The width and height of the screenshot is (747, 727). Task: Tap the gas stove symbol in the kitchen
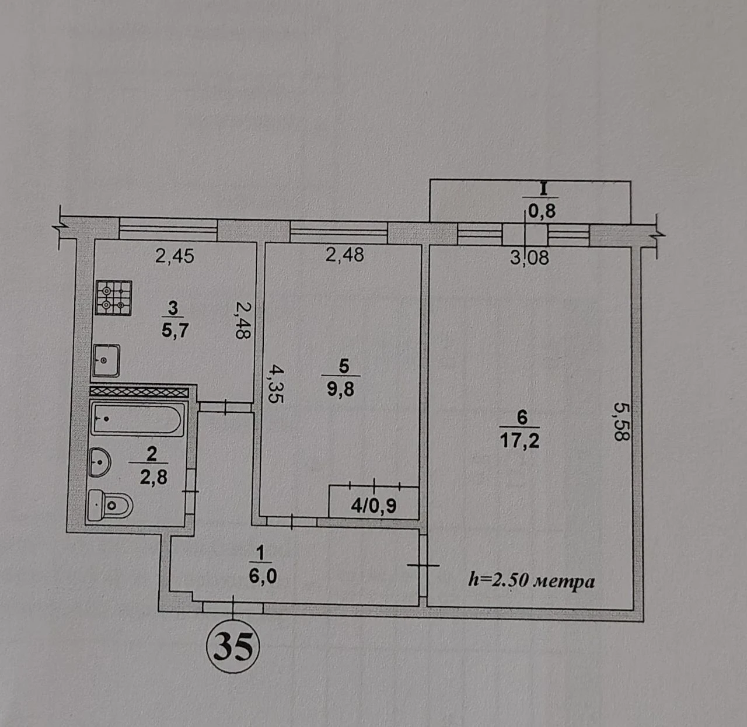tap(114, 298)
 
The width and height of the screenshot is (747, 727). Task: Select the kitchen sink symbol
tap(106, 361)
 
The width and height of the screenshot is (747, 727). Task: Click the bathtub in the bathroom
tap(137, 419)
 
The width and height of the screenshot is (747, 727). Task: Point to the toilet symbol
tap(110, 506)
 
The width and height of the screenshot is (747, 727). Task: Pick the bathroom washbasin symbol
tap(99, 462)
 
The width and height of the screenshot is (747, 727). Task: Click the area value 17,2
tap(519, 441)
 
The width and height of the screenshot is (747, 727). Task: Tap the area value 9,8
tap(340, 389)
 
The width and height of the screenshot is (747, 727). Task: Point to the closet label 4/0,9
tap(373, 506)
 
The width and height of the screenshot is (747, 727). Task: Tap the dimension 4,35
tap(275, 384)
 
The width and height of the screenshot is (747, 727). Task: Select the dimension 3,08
tap(529, 258)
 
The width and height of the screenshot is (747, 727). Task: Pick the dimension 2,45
tap(174, 256)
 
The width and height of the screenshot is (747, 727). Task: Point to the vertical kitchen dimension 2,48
tap(243, 320)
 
